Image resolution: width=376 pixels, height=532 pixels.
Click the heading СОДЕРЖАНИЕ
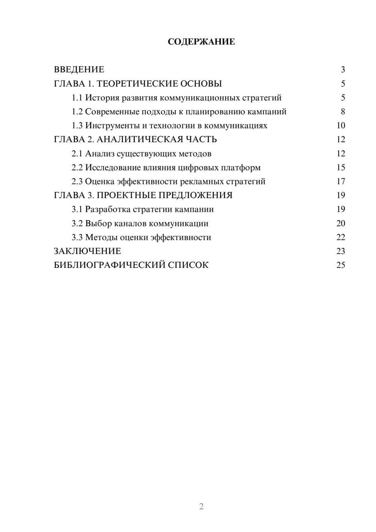click(201, 42)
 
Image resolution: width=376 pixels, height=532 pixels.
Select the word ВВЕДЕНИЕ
click(79, 70)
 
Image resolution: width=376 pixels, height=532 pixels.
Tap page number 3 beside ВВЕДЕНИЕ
click(343, 70)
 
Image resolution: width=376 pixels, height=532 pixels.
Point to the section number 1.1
click(77, 98)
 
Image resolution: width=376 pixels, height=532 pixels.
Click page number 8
click(343, 112)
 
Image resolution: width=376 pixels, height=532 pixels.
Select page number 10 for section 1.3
click(341, 126)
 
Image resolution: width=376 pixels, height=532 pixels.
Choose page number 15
click(341, 167)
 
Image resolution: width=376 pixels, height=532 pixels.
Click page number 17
click(341, 181)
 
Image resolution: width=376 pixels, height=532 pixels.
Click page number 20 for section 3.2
click(341, 223)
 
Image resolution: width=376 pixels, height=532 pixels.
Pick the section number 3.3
click(77, 237)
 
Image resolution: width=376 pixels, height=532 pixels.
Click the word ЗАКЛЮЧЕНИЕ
click(88, 251)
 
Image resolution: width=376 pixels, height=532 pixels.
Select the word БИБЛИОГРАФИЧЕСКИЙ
click(109, 265)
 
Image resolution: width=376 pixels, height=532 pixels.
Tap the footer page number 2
click(201, 506)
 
